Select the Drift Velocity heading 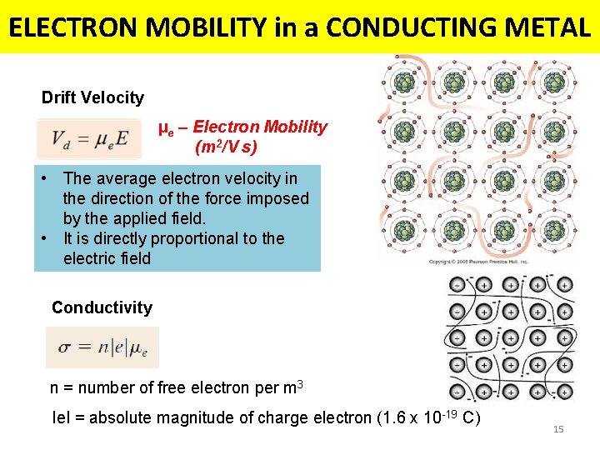[92, 97]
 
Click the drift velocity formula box [89, 139]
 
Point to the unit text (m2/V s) [226, 147]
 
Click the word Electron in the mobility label [227, 127]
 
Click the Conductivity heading [102, 307]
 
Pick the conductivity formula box [102, 347]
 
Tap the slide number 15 [558, 429]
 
